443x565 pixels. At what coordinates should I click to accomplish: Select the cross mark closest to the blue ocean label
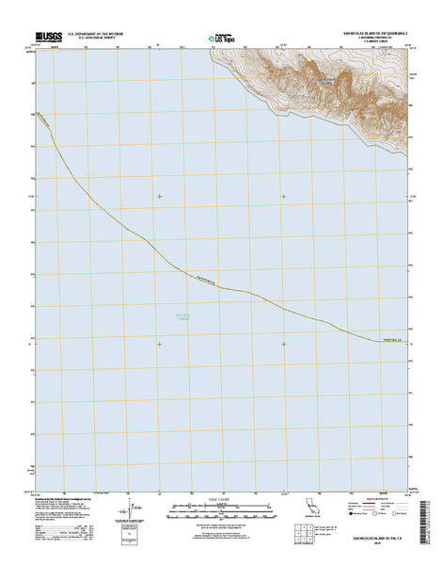159,343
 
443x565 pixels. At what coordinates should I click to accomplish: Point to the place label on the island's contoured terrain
323,81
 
